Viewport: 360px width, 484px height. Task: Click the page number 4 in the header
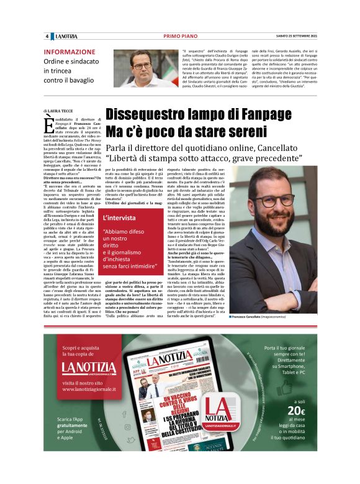(47, 36)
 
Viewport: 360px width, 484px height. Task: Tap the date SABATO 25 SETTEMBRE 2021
(294, 36)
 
